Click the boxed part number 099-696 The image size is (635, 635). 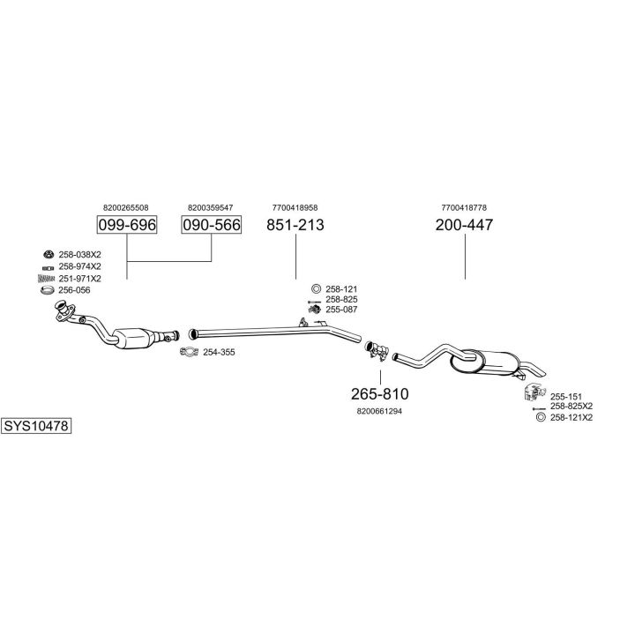[x=126, y=226]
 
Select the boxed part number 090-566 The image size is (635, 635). [x=212, y=226]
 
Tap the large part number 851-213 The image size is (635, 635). [x=295, y=226]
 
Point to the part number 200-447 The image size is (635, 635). [x=464, y=226]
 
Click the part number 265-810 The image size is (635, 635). [x=380, y=393]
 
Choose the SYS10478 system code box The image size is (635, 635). [x=36, y=425]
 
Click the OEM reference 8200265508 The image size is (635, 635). [x=126, y=207]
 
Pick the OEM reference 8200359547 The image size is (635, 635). [x=211, y=207]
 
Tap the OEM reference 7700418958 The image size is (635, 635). [x=295, y=207]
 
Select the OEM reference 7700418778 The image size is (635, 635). [x=464, y=207]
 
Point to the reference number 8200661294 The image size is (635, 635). [x=380, y=411]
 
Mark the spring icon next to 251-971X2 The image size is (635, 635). [x=47, y=279]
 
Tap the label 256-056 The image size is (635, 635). [x=75, y=290]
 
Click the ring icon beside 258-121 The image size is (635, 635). [x=316, y=289]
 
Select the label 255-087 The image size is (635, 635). [x=341, y=310]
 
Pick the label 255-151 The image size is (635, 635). [x=565, y=397]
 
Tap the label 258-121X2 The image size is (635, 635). [x=571, y=417]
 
